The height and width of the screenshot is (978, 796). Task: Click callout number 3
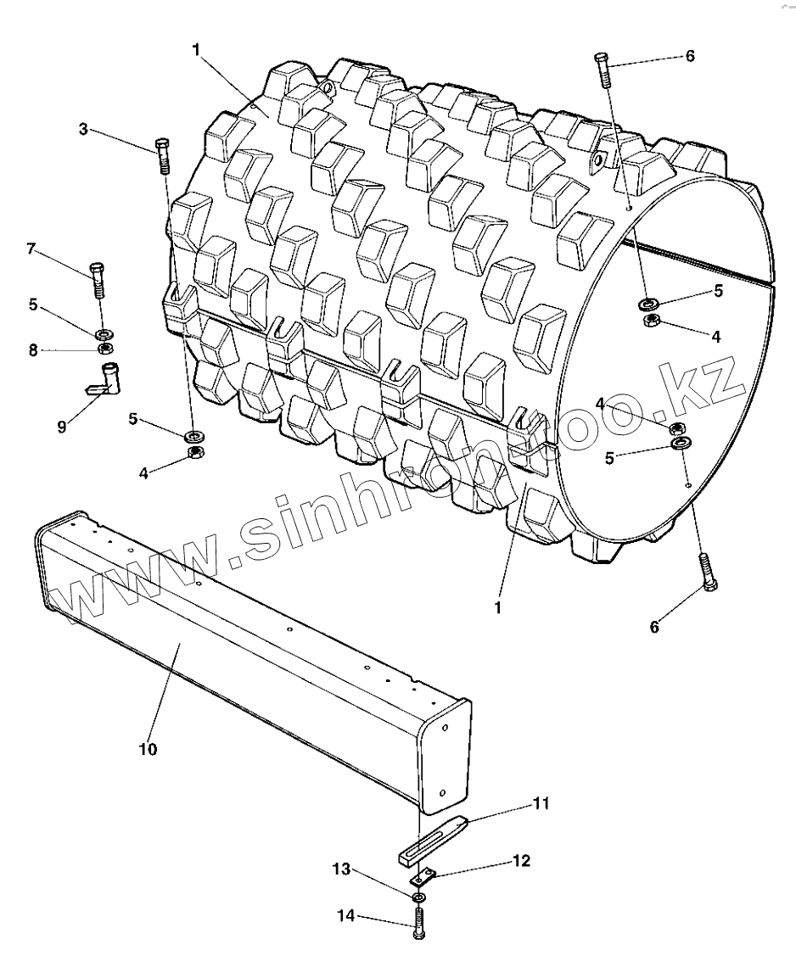point(83,130)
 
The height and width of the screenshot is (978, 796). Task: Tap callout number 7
point(31,249)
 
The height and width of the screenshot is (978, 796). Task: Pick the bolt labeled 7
point(98,277)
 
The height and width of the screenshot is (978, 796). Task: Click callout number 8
point(34,349)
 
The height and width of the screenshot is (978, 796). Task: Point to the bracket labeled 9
point(106,378)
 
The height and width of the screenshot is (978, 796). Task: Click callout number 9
point(61,427)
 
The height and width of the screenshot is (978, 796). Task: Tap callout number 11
point(541,802)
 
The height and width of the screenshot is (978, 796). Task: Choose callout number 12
point(520,860)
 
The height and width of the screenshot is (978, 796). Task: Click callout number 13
point(341,869)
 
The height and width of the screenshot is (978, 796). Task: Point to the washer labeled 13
point(418,897)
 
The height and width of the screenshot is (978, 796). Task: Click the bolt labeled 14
point(418,922)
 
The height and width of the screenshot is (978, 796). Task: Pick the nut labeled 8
point(105,348)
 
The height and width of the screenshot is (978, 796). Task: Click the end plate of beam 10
point(446,754)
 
